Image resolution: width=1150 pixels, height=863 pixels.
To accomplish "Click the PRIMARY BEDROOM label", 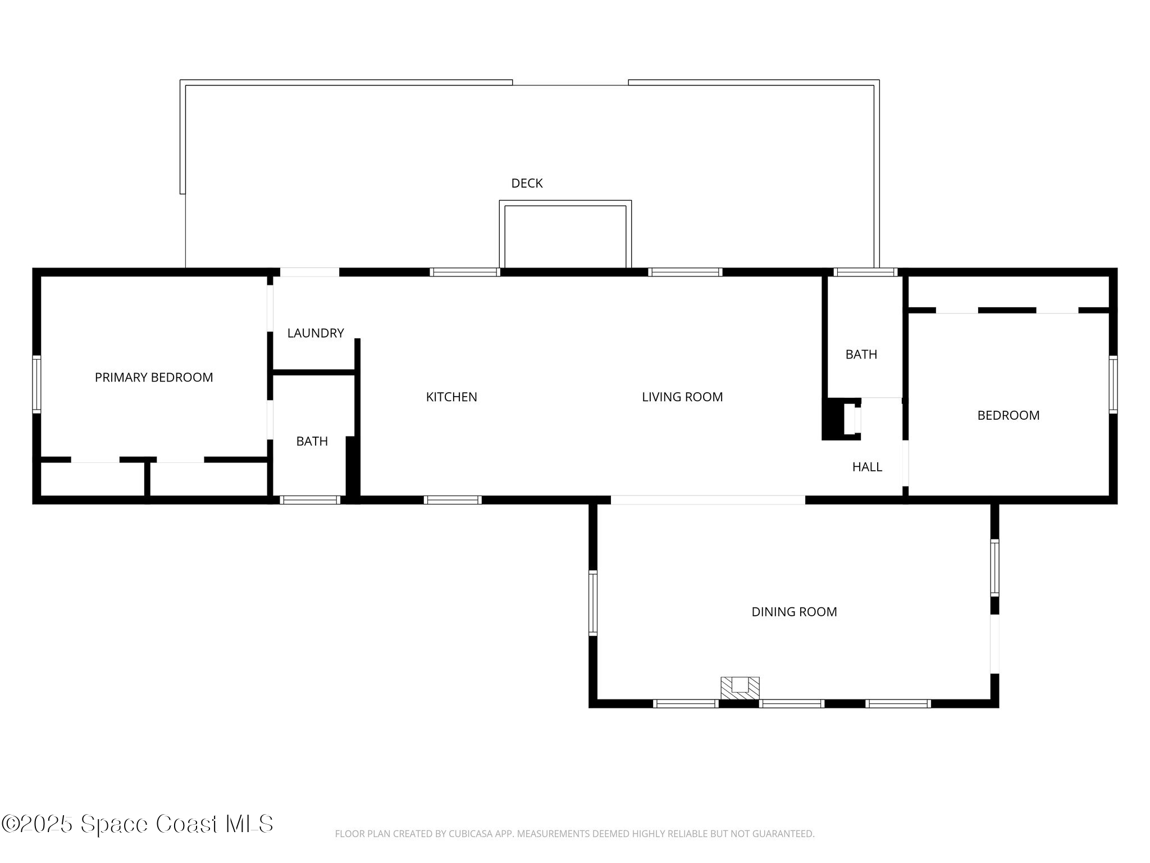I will (154, 378).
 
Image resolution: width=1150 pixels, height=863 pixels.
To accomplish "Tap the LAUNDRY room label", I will (315, 333).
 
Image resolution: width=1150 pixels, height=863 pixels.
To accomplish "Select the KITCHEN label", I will (451, 397).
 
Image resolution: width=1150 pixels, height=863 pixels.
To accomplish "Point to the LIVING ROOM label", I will (682, 397).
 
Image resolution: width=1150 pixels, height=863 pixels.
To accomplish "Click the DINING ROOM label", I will (794, 612).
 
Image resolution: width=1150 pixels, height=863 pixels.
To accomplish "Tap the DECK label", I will (527, 183).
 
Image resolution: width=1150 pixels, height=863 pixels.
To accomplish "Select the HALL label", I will (867, 467).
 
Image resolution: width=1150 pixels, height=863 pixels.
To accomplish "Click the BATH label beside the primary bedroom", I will (312, 442).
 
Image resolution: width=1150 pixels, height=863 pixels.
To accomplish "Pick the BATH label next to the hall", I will (861, 355).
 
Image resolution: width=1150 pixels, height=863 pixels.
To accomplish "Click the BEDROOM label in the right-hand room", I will (1008, 416).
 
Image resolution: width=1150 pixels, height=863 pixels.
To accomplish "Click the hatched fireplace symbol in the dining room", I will (740, 688).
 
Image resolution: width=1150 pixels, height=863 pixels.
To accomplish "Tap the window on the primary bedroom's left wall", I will (36, 384).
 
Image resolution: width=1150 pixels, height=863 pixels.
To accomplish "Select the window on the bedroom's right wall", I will (1112, 384).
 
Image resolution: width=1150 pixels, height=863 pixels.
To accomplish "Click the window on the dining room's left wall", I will (593, 602).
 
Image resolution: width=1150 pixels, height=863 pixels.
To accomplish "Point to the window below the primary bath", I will (310, 499).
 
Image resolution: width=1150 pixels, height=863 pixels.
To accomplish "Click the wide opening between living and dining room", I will (708, 499).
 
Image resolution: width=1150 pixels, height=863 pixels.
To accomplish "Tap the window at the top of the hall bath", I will (865, 272).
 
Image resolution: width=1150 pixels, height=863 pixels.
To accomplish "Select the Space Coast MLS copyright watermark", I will (137, 824).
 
